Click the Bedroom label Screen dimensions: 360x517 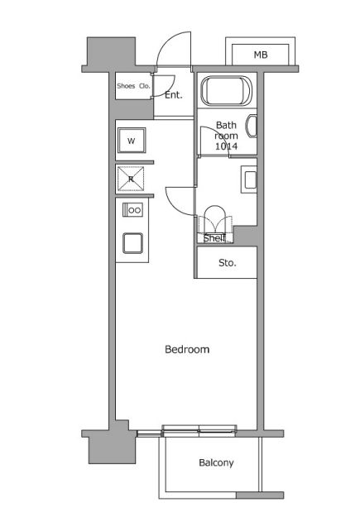click(187, 349)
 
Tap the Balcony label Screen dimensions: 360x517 click(216, 463)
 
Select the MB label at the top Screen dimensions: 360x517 click(261, 55)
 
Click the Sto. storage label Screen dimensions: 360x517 click(228, 263)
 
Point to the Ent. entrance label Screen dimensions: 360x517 click(174, 95)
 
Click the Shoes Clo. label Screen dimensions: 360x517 click(133, 86)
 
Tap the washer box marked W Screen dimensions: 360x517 click(132, 141)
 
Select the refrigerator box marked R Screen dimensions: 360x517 click(131, 179)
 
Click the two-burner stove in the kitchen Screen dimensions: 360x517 click(132, 210)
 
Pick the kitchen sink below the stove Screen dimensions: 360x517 click(132, 243)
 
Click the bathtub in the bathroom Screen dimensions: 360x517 click(227, 91)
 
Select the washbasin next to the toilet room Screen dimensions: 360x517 click(249, 180)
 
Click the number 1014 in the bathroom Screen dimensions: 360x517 click(227, 146)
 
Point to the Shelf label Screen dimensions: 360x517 click(215, 237)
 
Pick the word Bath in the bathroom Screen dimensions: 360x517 click(227, 125)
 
